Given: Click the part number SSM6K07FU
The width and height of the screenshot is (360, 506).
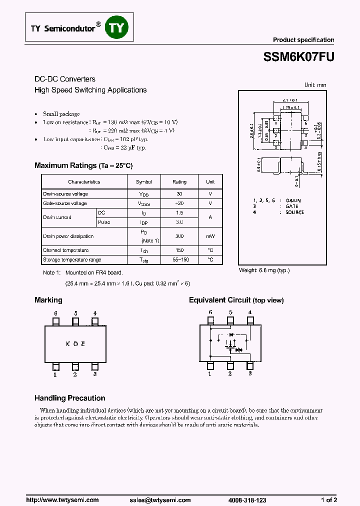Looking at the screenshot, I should [x=298, y=57].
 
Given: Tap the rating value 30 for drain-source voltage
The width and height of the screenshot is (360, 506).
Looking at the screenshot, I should [x=179, y=193].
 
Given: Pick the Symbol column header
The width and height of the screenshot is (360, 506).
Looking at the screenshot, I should [x=144, y=182].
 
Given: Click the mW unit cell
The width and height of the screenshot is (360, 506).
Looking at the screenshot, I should [x=210, y=236].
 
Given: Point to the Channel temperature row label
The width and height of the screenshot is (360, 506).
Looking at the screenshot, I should [x=66, y=250].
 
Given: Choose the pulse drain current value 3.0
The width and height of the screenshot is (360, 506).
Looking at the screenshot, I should [x=179, y=222].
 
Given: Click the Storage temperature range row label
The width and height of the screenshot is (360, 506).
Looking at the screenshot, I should [x=72, y=259].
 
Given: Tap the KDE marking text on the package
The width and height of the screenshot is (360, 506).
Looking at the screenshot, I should [x=75, y=344].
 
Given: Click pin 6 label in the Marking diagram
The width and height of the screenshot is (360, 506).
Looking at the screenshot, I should [x=56, y=313].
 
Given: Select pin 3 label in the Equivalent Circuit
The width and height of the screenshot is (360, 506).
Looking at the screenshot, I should [x=250, y=373].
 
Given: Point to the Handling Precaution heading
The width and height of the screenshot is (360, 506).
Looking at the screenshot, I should [x=69, y=398].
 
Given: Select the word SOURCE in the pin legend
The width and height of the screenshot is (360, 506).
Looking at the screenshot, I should [x=295, y=212].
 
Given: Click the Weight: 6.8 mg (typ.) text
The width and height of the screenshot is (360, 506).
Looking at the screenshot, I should [x=264, y=270].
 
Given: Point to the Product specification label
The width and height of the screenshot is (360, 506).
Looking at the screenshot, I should [x=303, y=40].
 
